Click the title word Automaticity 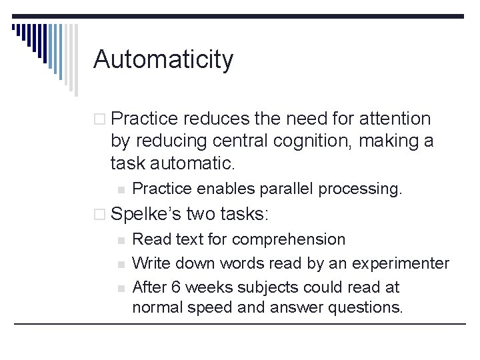[x=163, y=59]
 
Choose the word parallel [x=282, y=189]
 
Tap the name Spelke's [x=146, y=214]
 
